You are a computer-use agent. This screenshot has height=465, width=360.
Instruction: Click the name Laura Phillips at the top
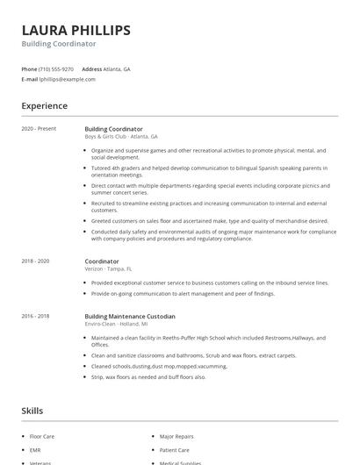coord(76,30)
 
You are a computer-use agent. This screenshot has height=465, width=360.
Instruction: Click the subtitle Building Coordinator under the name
coord(59,44)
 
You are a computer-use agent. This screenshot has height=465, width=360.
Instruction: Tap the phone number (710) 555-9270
coord(57,68)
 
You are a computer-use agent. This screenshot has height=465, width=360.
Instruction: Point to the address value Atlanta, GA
coord(118,68)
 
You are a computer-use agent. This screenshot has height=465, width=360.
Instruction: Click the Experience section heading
coord(45,106)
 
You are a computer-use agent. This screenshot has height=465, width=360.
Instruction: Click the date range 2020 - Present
coord(39,129)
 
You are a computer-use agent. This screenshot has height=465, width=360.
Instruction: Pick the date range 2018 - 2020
coord(36,261)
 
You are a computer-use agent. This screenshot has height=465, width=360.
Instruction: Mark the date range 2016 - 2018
coord(36,316)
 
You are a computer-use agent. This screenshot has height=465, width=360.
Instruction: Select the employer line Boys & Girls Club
coord(121,137)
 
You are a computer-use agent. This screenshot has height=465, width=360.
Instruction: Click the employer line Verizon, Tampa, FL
coord(108,268)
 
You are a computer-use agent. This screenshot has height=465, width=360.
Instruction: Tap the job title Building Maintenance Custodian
coord(130,316)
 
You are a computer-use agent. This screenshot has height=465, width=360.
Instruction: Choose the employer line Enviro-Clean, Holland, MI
coord(117,324)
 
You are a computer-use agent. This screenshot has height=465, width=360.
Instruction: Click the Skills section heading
coord(33,410)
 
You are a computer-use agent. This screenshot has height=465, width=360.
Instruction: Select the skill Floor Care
coord(42,435)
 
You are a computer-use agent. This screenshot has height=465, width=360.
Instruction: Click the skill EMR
coord(35,449)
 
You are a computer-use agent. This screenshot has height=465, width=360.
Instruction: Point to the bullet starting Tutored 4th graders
coord(209,171)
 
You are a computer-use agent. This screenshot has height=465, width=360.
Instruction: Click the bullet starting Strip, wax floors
coord(148,376)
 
